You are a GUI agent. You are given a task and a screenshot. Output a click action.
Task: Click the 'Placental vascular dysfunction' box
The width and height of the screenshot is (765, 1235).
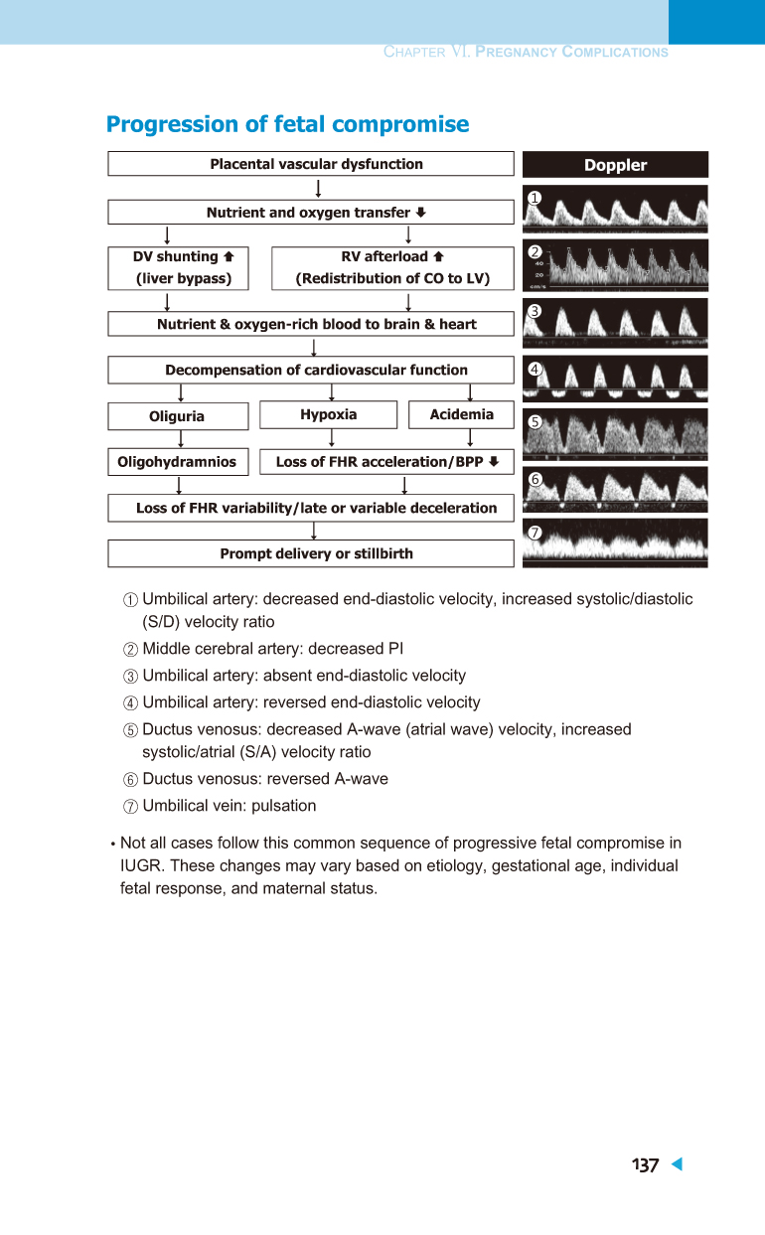[x=311, y=164]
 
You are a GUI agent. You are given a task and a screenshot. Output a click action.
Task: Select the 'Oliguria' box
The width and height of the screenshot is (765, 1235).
[x=178, y=416]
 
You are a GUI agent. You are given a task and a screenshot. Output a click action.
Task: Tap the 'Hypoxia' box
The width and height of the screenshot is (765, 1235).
[x=329, y=414]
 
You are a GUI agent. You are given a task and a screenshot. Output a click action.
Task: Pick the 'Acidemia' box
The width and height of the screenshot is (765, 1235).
[x=461, y=414]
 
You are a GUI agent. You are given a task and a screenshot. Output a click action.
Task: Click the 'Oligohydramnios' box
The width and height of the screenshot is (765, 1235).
[x=178, y=462]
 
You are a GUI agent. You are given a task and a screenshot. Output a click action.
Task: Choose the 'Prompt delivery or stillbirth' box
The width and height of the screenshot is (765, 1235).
[x=311, y=553]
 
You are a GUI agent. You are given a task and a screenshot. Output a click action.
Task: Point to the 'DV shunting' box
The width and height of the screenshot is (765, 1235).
[x=178, y=268]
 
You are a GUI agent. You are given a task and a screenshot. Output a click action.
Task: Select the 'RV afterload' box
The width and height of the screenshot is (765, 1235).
[x=393, y=268]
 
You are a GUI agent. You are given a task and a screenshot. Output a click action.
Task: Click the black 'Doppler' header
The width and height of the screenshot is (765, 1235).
[x=615, y=164]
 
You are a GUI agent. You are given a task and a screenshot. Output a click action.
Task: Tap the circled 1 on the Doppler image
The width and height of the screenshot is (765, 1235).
[x=535, y=198]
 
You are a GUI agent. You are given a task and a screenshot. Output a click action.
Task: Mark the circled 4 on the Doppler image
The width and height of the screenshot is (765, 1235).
[x=535, y=369]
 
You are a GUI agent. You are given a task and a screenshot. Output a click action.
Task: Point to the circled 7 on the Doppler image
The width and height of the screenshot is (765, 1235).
[x=535, y=533]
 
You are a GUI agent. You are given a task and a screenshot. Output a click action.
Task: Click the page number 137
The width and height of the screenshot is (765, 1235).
[x=645, y=1165]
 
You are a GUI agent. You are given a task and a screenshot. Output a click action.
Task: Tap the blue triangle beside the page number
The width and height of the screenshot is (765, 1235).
[x=678, y=1163]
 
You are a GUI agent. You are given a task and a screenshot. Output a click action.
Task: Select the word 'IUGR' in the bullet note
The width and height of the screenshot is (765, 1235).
[x=141, y=865]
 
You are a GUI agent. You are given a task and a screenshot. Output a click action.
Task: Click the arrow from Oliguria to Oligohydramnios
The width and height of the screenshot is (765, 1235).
[x=181, y=439]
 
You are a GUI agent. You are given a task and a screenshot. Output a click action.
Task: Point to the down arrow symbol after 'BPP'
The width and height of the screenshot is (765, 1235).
[x=494, y=461]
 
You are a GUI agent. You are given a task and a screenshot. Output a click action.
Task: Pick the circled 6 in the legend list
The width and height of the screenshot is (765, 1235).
[x=130, y=780]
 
